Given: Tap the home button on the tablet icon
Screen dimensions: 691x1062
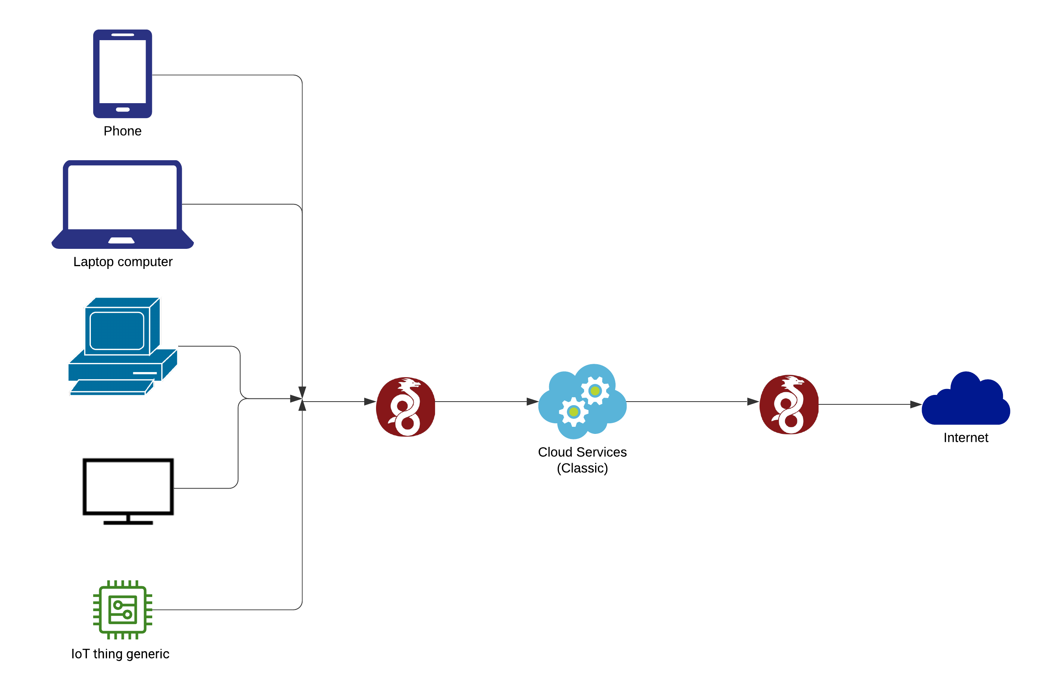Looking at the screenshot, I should click(122, 109).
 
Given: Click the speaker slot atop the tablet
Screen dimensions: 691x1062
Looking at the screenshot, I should click(122, 34).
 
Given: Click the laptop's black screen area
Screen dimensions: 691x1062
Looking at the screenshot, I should click(122, 197).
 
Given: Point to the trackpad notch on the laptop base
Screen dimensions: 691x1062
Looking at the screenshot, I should click(122, 241).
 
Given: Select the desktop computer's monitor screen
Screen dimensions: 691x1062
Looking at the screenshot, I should click(117, 330).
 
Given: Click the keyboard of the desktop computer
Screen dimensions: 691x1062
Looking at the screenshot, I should click(112, 387).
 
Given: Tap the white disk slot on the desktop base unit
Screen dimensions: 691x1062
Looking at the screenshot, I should click(145, 373).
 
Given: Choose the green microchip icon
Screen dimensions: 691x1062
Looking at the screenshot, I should click(122, 610).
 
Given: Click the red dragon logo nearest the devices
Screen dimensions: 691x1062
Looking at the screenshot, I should click(406, 407).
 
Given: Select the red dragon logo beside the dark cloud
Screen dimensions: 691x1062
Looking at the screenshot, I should click(789, 405).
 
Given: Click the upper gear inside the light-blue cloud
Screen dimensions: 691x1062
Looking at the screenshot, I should click(595, 391).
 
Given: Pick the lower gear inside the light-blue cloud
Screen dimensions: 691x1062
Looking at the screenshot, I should click(574, 412).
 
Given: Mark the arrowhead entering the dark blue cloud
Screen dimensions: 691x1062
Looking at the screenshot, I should click(916, 405).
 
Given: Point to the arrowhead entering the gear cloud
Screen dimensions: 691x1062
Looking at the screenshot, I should click(532, 402).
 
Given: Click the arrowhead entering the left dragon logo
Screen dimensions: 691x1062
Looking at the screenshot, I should click(370, 402).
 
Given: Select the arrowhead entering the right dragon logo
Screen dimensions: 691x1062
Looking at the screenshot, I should click(753, 402).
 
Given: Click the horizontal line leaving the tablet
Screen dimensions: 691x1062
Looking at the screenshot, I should click(223, 75).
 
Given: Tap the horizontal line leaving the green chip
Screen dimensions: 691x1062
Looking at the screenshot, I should click(223, 610).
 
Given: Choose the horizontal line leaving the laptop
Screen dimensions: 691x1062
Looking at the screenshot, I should click(236, 204).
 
